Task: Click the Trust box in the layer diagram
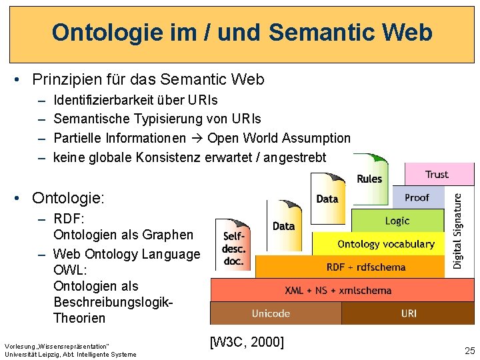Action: (437, 175)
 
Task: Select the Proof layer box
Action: (417, 197)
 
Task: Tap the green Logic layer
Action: (397, 221)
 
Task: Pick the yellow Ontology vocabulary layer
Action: (385, 244)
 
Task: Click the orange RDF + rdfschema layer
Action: (365, 267)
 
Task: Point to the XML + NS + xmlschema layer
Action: (338, 290)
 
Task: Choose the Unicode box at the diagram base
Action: (271, 313)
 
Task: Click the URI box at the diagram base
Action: (409, 313)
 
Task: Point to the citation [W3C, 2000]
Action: (247, 342)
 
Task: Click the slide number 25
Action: (470, 351)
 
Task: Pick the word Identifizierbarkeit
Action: (103, 100)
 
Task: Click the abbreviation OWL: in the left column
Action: (69, 270)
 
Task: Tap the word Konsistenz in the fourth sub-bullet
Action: (167, 157)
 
